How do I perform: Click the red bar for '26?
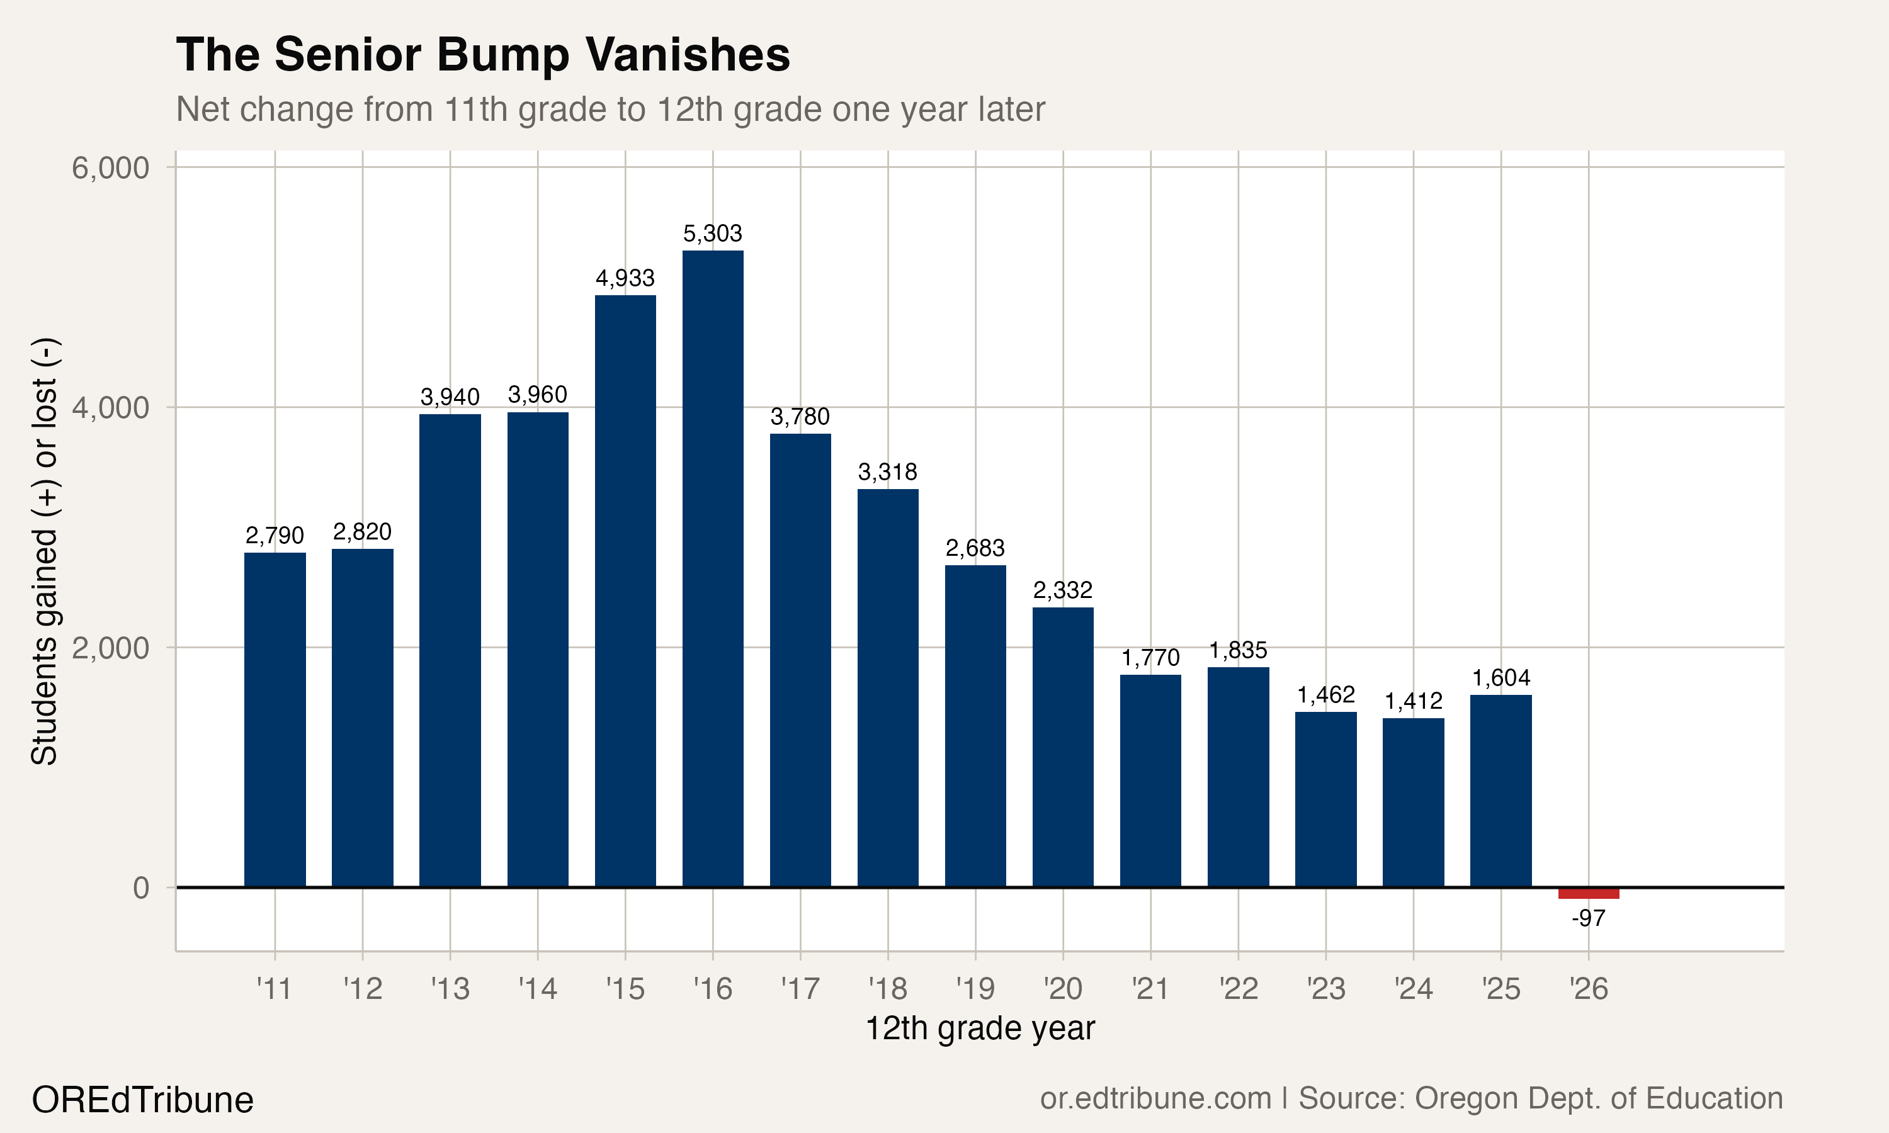coord(1588,893)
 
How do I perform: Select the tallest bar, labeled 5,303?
coord(712,569)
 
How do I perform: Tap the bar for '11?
coord(275,719)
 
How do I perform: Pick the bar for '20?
coord(1063,747)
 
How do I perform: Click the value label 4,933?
coord(625,278)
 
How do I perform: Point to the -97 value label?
coord(1588,918)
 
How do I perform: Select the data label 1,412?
coord(1414,701)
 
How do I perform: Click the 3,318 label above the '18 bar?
coord(887,472)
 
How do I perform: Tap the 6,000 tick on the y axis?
coord(110,168)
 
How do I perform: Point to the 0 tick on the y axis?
coord(140,887)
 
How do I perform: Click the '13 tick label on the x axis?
coord(450,989)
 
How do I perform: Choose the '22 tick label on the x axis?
coord(1238,989)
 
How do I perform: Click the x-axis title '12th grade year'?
coord(980,1029)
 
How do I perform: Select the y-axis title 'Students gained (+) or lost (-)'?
coord(44,551)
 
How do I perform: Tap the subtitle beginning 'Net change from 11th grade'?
coord(610,109)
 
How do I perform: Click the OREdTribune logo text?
coord(142,1100)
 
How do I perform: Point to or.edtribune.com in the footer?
coord(1155,1098)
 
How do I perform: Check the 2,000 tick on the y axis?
coord(110,648)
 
